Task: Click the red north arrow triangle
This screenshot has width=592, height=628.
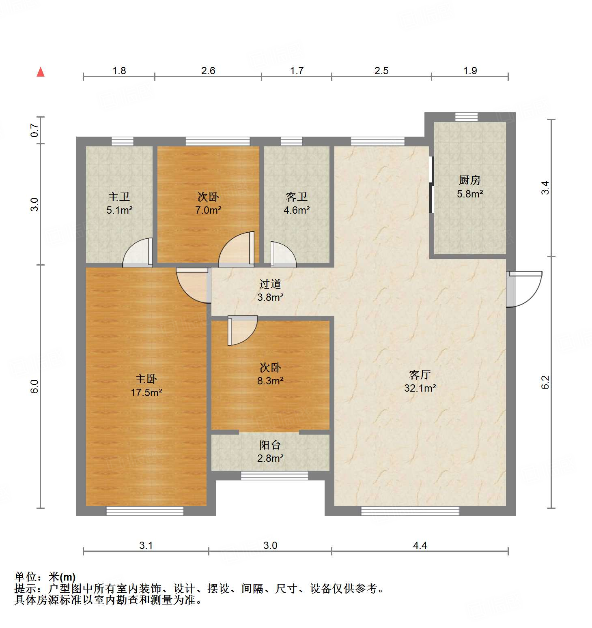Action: [x=41, y=72]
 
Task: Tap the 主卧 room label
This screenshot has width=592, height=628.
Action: [x=146, y=379]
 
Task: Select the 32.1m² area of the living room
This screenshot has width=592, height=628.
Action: [x=420, y=388]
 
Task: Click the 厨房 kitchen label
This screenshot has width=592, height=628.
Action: [x=469, y=180]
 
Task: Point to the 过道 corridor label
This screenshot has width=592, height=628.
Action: [x=270, y=284]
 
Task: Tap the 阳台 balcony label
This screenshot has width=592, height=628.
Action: [x=270, y=445]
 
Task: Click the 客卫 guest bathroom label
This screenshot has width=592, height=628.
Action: [x=296, y=197]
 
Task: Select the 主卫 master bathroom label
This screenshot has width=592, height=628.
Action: [x=119, y=197]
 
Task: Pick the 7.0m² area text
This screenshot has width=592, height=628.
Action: [x=208, y=210]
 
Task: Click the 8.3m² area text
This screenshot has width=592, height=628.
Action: [x=270, y=381]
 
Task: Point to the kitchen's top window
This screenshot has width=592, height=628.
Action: [x=466, y=117]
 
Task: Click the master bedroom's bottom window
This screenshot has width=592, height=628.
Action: [x=145, y=511]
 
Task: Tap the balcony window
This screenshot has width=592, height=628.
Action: [x=274, y=476]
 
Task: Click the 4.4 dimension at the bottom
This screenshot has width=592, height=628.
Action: [x=420, y=545]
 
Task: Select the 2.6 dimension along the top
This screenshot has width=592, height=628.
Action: [x=208, y=71]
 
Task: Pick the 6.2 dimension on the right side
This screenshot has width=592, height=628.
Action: [x=545, y=382]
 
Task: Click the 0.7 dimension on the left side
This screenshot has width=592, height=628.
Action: [x=35, y=130]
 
